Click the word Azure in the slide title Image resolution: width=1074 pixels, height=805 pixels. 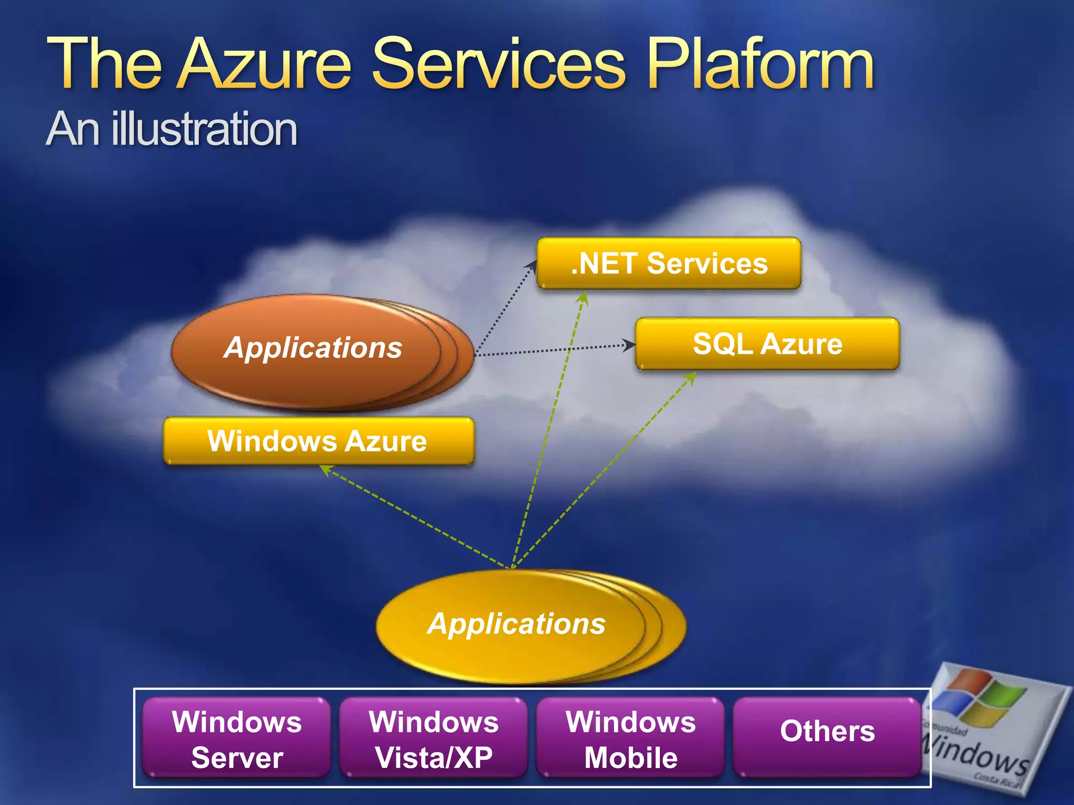[x=265, y=64]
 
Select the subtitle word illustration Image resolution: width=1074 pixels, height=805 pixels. [x=204, y=129]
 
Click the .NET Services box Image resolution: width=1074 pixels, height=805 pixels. [x=669, y=263]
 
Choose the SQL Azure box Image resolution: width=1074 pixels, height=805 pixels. [x=767, y=344]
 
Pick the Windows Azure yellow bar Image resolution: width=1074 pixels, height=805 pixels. [x=318, y=441]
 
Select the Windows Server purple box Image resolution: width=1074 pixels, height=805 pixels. [x=237, y=738]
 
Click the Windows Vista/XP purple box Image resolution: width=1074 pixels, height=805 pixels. [x=433, y=738]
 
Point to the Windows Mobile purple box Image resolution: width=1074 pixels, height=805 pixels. [x=630, y=738]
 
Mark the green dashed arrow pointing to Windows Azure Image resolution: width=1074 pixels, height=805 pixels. [x=414, y=517]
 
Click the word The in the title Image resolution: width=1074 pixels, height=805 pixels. [x=105, y=64]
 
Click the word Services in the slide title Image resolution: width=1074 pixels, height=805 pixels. [x=499, y=64]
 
